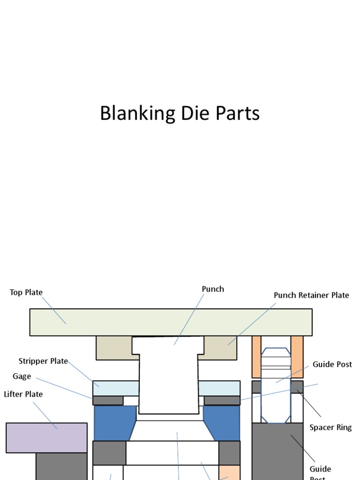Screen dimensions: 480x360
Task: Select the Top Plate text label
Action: (x=26, y=292)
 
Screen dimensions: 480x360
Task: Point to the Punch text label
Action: (x=213, y=289)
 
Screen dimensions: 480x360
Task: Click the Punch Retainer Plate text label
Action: (x=311, y=295)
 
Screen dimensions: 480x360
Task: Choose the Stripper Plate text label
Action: (x=43, y=361)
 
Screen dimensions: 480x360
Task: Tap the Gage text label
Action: (x=22, y=376)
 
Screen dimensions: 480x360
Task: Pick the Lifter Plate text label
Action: (x=23, y=394)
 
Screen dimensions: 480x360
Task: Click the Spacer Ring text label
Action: (x=330, y=427)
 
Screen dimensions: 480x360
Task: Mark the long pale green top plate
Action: (x=171, y=322)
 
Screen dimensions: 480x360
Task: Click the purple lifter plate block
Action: (x=46, y=437)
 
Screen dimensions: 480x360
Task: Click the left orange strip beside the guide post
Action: (x=256, y=357)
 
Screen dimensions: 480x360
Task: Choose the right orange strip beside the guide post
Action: (x=297, y=357)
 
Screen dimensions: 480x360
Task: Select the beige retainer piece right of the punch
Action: (x=220, y=348)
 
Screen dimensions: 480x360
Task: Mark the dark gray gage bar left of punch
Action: (x=108, y=401)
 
